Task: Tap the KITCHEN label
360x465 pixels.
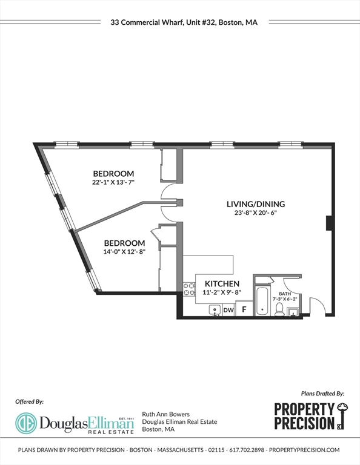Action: click(x=221, y=283)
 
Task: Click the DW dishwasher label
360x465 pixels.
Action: click(x=228, y=311)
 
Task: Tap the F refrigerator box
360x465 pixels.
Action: click(x=244, y=309)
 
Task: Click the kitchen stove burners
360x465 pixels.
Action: click(x=188, y=289)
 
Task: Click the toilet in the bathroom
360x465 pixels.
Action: click(x=280, y=309)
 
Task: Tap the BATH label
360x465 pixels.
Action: click(x=284, y=293)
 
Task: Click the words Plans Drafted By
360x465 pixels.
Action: click(x=322, y=393)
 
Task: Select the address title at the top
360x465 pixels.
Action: click(x=184, y=22)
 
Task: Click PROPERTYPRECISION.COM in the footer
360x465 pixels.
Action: click(x=304, y=450)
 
